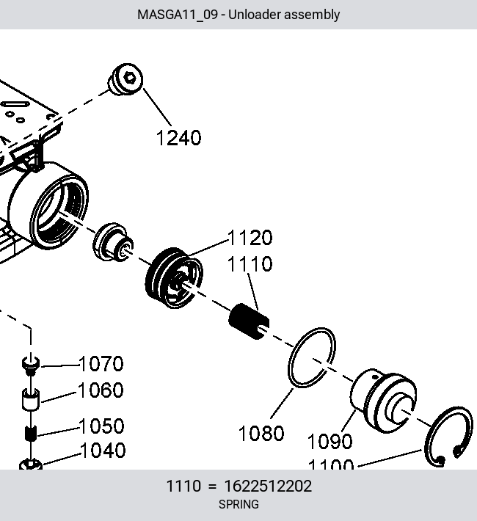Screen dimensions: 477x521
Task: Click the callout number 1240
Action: [x=178, y=138]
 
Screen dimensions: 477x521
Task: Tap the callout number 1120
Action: [x=250, y=238]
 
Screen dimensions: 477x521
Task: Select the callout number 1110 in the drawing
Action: [x=250, y=264]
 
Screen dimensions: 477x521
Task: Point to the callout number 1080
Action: [x=261, y=433]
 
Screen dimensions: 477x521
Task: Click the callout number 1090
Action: [x=329, y=442]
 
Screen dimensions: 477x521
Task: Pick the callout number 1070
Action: [x=101, y=364]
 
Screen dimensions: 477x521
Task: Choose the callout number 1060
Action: [x=101, y=390]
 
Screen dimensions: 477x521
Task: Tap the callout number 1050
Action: [x=102, y=426]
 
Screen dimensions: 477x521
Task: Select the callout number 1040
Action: [x=103, y=451]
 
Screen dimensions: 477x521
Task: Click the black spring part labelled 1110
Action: [x=249, y=321]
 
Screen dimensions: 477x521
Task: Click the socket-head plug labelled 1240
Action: [x=125, y=79]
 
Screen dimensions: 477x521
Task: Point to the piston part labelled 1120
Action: [x=174, y=278]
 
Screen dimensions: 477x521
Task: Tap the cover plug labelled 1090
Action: [x=384, y=401]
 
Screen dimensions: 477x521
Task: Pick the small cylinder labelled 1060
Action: [x=31, y=399]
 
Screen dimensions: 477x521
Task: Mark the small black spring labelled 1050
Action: [x=31, y=433]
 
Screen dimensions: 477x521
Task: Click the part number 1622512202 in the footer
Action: [x=268, y=486]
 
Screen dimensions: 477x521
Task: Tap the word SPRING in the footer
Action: [x=238, y=504]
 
